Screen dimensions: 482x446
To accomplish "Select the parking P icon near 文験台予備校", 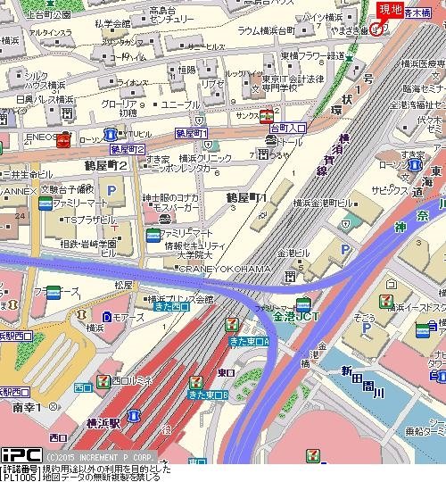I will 111,190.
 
